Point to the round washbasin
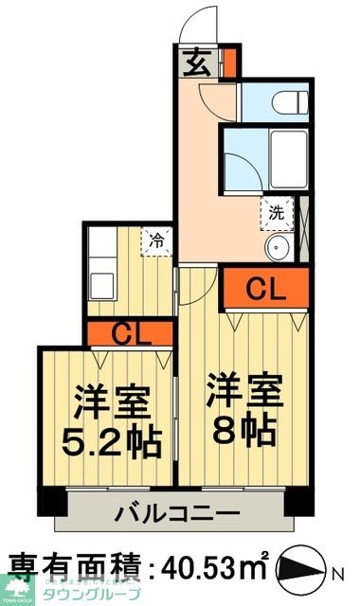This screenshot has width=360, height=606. click(279, 250)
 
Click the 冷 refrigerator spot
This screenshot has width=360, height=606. click(157, 240)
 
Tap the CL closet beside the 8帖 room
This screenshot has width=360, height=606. click(266, 289)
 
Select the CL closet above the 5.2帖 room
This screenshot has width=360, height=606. click(129, 332)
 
